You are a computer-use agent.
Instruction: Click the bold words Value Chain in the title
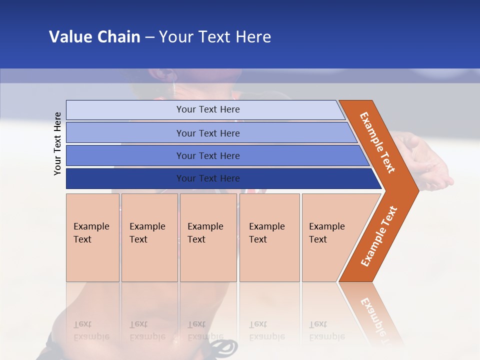coord(94,37)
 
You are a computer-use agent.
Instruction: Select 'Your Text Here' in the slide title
coord(215,37)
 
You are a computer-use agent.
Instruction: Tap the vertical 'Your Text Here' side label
coord(57,143)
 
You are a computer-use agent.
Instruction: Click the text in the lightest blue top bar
coord(208,109)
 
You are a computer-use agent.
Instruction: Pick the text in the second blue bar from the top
coord(208,133)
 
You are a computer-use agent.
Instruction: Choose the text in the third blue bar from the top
coord(208,156)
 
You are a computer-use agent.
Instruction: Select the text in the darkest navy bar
coord(208,178)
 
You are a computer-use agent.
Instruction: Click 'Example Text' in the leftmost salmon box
coord(91,233)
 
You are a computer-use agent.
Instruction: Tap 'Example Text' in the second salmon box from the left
coord(147,233)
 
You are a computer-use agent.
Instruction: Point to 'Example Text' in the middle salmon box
coord(205,233)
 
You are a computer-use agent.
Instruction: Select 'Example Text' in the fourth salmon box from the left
coord(266,233)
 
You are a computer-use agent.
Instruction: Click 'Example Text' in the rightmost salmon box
coord(326,233)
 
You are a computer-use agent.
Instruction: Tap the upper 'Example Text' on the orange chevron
coord(377,142)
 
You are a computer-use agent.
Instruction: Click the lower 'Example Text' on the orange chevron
coord(379,236)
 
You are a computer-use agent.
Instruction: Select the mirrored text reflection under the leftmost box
coord(91,330)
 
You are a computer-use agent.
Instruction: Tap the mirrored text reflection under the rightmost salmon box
coord(326,330)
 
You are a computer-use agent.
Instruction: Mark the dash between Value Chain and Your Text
coord(149,37)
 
